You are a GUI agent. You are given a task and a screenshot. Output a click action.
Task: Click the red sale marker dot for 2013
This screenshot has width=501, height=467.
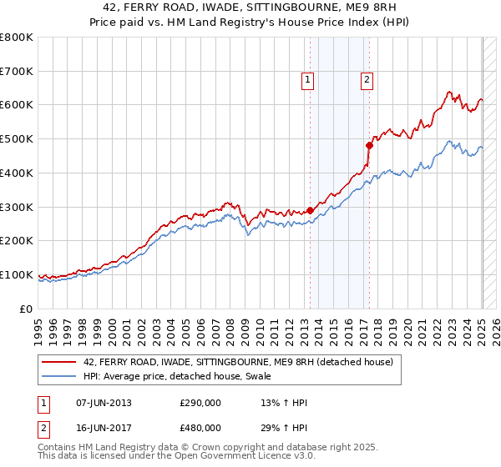(310, 210)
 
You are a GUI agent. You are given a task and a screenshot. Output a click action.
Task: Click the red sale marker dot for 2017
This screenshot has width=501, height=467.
(368, 145)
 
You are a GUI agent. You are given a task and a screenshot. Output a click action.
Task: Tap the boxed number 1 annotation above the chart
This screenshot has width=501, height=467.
(308, 80)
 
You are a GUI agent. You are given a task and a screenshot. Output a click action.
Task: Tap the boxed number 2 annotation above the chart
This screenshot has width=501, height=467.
(367, 80)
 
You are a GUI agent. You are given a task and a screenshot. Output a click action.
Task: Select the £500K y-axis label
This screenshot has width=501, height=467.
(17, 139)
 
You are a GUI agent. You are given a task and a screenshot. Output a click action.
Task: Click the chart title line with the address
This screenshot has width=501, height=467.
(250, 9)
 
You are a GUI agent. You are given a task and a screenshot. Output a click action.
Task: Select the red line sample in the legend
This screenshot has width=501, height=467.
(59, 361)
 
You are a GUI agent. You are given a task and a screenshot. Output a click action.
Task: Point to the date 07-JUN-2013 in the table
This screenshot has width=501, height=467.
(104, 403)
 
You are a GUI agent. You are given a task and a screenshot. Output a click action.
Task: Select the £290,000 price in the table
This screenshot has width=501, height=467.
(200, 403)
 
